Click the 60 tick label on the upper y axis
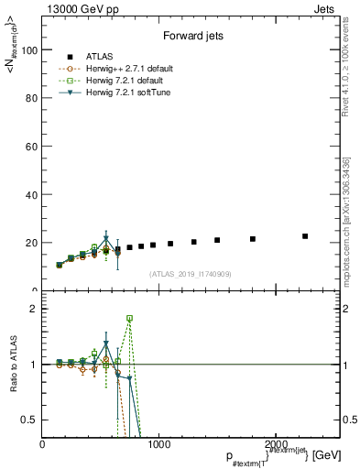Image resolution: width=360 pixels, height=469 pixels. point(31,147)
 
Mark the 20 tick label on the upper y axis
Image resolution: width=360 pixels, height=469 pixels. point(31,243)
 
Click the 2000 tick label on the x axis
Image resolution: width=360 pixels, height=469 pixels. point(274,444)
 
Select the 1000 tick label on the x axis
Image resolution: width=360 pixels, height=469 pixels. point(158,444)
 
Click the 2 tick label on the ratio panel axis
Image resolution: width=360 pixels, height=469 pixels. point(35,309)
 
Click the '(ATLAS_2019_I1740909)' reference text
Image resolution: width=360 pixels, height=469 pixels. point(191,274)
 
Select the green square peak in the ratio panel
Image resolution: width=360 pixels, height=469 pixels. point(129,319)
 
